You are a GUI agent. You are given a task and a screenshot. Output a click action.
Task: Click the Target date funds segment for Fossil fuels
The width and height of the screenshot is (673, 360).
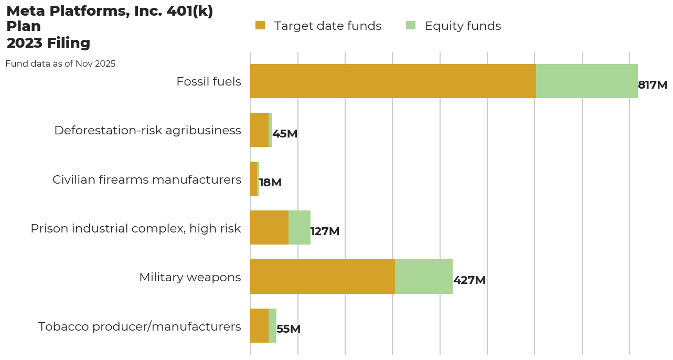[393, 81]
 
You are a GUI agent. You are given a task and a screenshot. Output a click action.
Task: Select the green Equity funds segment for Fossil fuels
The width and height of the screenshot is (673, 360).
[586, 81]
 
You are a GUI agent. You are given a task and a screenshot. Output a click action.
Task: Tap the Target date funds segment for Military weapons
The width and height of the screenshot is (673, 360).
[323, 277]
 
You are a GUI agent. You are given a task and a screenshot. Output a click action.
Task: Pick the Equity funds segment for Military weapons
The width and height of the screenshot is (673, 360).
[424, 277]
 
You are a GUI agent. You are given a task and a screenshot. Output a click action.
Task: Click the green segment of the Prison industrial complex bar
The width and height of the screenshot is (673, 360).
[300, 228]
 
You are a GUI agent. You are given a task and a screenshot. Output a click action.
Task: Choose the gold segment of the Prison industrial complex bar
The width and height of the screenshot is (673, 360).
[269, 228]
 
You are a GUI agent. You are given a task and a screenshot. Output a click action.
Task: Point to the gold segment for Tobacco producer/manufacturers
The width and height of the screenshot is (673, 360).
[259, 325]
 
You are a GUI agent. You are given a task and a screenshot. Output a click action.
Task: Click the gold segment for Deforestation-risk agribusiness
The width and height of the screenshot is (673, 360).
[259, 130]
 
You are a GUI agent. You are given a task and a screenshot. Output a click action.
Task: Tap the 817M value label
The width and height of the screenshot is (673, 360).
[653, 85]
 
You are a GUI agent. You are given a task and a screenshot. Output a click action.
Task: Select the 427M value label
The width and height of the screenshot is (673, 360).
[469, 280]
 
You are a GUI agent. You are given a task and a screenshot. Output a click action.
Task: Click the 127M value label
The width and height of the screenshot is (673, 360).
[325, 231]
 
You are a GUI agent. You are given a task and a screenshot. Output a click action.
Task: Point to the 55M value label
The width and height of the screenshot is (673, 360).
[289, 329]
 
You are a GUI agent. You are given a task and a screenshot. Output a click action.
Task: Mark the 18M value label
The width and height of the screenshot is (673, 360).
[271, 183]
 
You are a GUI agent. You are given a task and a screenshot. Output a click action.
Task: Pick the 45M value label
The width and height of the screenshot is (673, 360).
[285, 134]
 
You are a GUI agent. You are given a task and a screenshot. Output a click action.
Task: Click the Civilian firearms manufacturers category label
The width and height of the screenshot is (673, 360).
[147, 179]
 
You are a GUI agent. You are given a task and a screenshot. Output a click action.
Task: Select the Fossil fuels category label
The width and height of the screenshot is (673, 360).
[209, 81]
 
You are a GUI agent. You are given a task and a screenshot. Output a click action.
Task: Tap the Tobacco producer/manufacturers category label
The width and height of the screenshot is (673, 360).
[140, 326]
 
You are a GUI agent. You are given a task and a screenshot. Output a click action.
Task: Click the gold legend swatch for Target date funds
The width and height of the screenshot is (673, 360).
[260, 25]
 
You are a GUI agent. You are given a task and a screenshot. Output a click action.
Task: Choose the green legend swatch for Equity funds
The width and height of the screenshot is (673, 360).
[411, 25]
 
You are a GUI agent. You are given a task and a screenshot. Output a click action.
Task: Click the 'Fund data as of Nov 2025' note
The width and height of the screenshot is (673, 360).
[60, 63]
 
